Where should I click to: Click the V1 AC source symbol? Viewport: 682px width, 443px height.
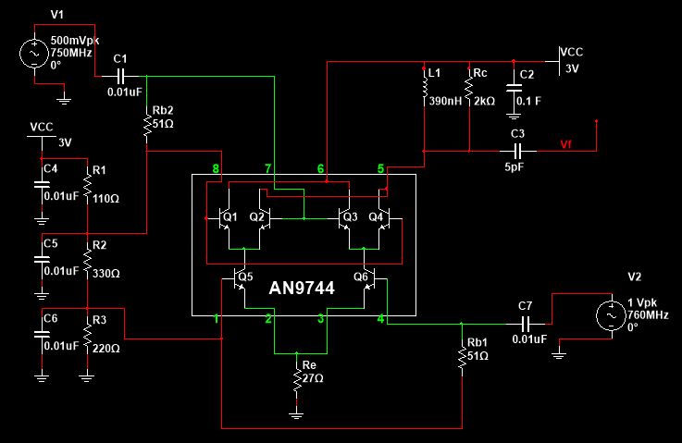point(34,55)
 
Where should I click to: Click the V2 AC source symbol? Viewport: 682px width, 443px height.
point(612,316)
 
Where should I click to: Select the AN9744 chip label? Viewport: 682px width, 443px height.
point(302,289)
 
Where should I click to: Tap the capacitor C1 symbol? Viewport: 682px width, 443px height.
point(120,76)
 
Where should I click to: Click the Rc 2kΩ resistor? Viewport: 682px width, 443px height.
point(470,92)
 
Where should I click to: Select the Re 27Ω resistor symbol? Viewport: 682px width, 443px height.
point(295,381)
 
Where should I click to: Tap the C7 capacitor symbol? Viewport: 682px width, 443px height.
point(526,323)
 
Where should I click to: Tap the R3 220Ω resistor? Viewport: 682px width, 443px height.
point(86,338)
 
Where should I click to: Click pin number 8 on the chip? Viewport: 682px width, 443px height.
point(216,169)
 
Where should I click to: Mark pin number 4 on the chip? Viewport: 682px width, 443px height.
point(380,320)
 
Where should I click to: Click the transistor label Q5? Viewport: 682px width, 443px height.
point(245,276)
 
